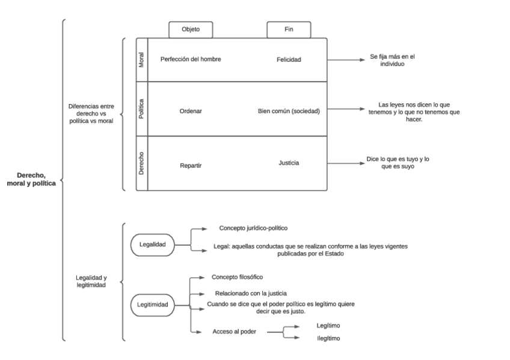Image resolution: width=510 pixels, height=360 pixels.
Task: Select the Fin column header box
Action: [x=289, y=29]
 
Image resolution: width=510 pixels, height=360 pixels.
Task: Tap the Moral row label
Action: [x=141, y=59]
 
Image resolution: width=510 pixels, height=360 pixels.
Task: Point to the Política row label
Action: [x=141, y=109]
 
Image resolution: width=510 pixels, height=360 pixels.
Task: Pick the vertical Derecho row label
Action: [x=141, y=163]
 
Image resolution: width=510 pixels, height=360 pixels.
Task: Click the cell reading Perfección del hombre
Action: [x=191, y=59]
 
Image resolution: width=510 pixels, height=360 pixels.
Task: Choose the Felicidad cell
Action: [x=289, y=59]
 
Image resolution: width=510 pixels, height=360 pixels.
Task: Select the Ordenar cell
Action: [x=191, y=111]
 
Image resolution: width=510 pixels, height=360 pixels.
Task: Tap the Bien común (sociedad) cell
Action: [x=289, y=111]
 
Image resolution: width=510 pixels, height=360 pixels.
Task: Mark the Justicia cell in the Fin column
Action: [x=289, y=162]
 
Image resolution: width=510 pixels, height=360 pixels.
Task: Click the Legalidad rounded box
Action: [x=153, y=245]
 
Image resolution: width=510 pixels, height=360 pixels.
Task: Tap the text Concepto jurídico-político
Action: [x=253, y=228]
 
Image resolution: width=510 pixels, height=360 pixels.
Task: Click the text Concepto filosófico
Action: [x=238, y=277]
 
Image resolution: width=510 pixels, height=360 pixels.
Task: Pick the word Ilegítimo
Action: [x=328, y=338]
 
